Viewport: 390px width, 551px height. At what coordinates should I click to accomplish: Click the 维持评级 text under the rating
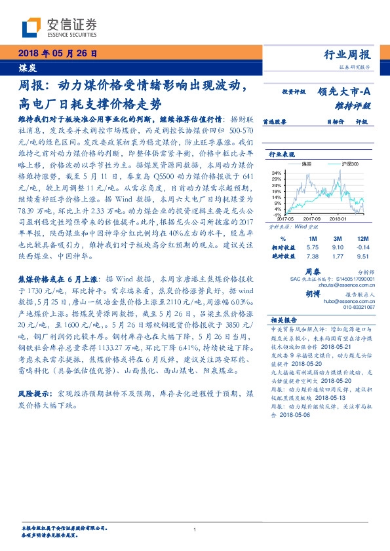(x=357, y=105)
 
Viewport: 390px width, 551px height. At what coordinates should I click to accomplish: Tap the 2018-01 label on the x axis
(x=340, y=219)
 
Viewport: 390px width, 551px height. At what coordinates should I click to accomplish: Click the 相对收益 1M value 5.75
(x=313, y=249)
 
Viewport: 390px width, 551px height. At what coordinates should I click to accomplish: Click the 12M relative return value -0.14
(x=364, y=249)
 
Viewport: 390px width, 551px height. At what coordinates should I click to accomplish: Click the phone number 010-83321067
(x=359, y=307)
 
